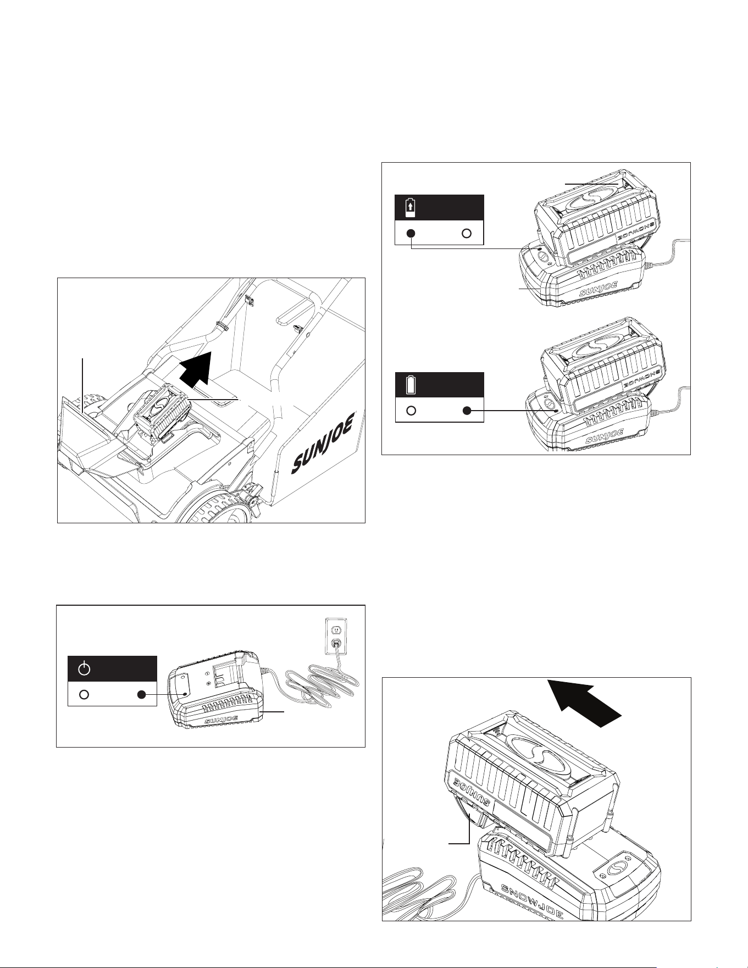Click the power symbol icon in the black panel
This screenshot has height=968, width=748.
[x=84, y=669]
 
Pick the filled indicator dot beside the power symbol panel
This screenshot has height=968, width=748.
[x=141, y=694]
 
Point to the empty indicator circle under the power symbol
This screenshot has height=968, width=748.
[x=84, y=694]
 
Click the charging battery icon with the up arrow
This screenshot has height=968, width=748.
[x=409, y=208]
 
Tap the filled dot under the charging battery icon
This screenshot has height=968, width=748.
[x=411, y=233]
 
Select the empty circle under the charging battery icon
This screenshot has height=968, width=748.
[x=467, y=233]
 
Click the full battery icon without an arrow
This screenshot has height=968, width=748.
[x=410, y=385]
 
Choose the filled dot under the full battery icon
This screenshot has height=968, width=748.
[x=467, y=411]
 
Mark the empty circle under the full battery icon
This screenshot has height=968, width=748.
[x=411, y=411]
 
